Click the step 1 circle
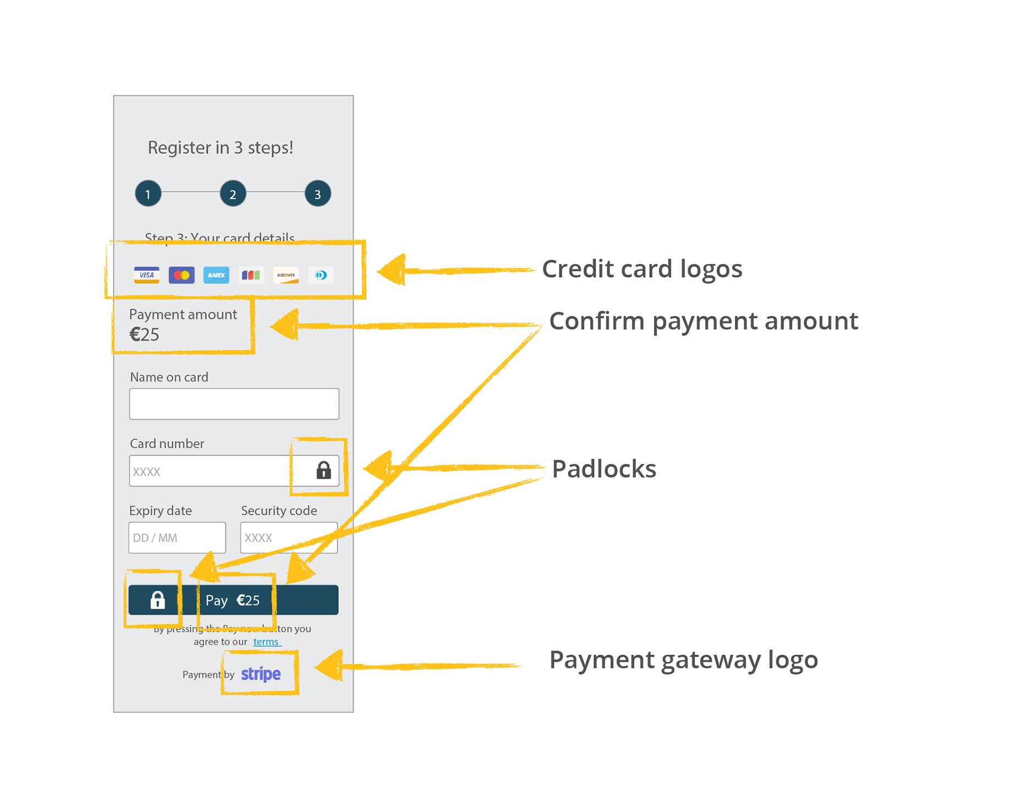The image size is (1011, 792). tap(148, 194)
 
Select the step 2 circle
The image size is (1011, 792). tap(233, 194)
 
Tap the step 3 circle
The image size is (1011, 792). tap(318, 194)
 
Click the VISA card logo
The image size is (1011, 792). tap(147, 275)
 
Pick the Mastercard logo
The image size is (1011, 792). tap(182, 275)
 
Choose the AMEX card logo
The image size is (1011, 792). tap(216, 275)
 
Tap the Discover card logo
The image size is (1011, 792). tap(286, 275)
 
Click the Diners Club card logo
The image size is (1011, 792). tap(321, 275)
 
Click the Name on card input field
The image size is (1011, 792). tap(234, 404)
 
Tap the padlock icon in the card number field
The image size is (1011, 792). tap(323, 470)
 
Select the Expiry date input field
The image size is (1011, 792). tap(177, 537)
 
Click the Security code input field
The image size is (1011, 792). tap(289, 537)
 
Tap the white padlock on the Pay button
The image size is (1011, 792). tap(158, 599)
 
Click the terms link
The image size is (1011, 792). tap(266, 642)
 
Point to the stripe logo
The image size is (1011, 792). tap(261, 674)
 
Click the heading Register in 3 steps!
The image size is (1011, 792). tap(221, 147)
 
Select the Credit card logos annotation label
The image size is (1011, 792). tap(642, 269)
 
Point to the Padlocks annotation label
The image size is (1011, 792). tap(604, 469)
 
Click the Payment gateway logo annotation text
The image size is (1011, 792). tap(683, 660)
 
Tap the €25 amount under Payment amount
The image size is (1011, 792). tap(145, 334)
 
